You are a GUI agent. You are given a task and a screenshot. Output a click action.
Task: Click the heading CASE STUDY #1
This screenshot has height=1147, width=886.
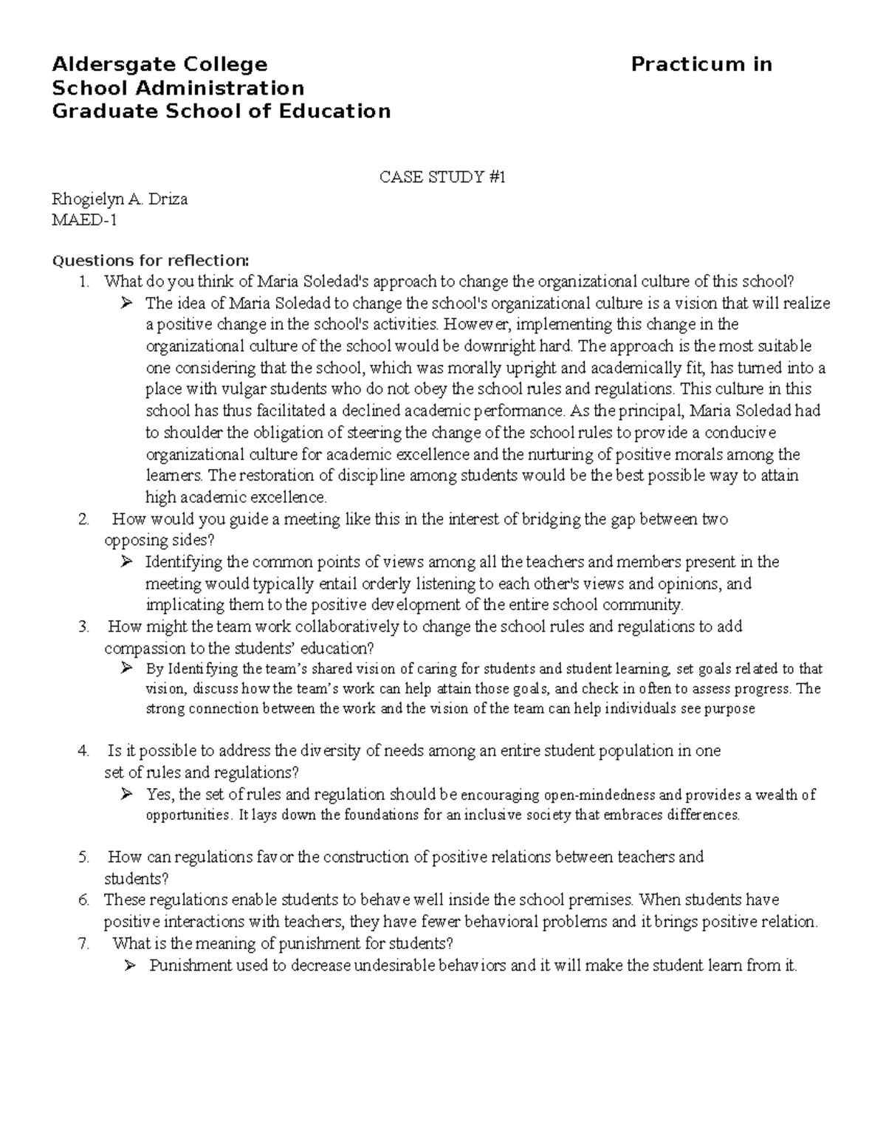(442, 177)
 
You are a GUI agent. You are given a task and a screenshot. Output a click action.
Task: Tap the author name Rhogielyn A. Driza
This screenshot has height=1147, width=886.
(119, 199)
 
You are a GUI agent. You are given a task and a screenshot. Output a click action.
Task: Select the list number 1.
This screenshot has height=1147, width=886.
(84, 281)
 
